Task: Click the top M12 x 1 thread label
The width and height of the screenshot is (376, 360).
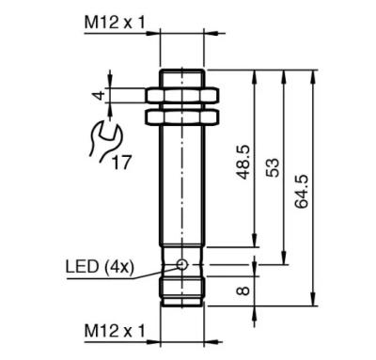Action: click(115, 23)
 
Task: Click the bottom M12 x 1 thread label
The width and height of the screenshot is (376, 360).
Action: click(115, 331)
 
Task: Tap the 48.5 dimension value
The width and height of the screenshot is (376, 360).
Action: click(243, 162)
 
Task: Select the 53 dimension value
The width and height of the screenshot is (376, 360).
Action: click(273, 168)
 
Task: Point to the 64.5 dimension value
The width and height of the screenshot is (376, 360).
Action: click(302, 192)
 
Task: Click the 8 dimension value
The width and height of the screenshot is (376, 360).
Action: click(243, 290)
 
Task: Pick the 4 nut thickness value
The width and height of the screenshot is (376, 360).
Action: click(99, 95)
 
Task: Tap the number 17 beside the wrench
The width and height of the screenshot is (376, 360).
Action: click(121, 163)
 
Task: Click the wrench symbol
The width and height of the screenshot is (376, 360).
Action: click(105, 141)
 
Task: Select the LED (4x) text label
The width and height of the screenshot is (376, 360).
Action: click(100, 267)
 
